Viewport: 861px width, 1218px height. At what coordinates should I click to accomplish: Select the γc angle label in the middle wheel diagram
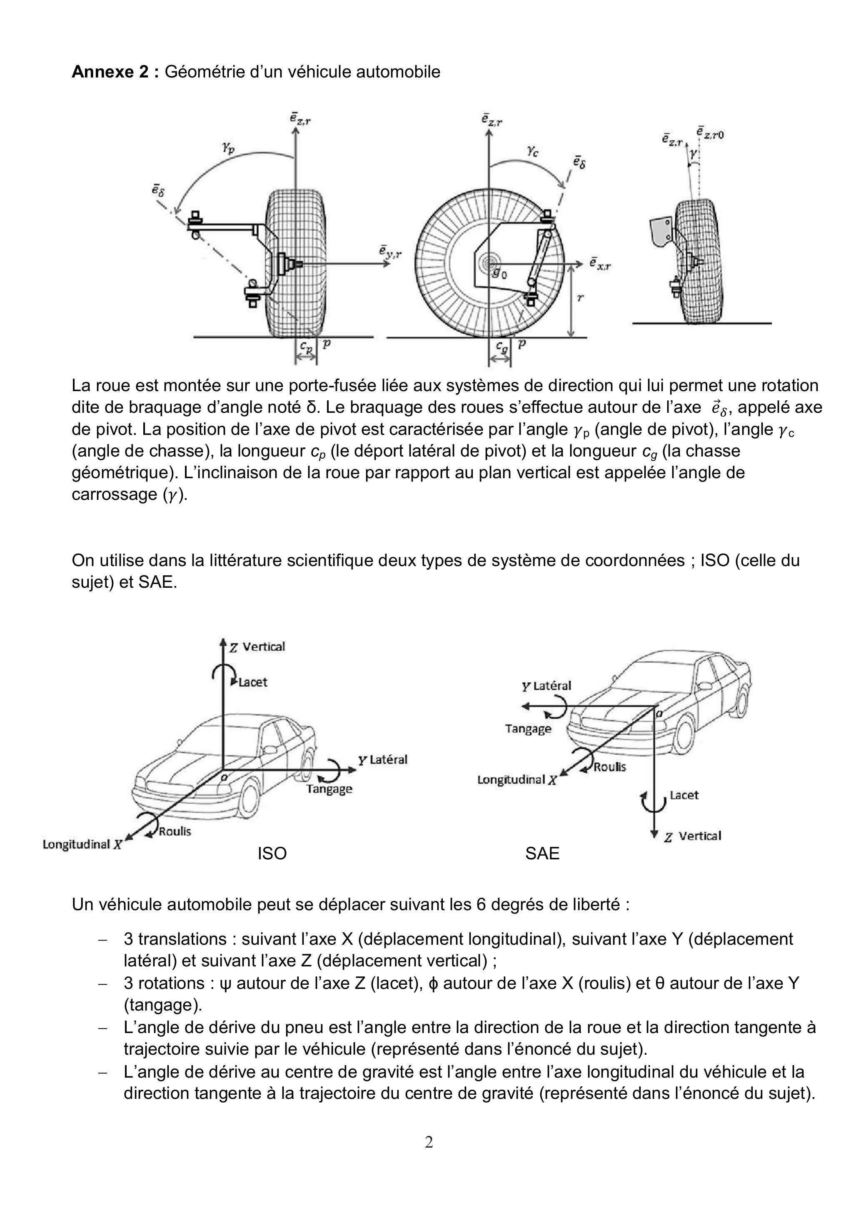(533, 152)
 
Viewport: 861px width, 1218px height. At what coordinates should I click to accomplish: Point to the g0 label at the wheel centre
(499, 274)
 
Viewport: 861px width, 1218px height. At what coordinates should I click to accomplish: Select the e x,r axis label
(599, 264)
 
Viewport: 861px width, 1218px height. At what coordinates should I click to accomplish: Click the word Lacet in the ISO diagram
(253, 682)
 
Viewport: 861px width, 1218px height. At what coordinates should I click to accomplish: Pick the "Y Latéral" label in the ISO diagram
(382, 760)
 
